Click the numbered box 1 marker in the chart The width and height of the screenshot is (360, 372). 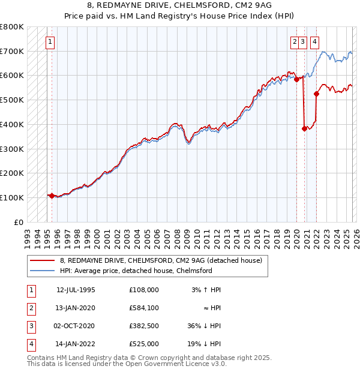click(50, 42)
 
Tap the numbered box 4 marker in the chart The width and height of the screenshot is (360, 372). click(314, 42)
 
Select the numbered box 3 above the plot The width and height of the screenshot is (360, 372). click(303, 42)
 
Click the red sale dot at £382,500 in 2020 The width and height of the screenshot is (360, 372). click(304, 128)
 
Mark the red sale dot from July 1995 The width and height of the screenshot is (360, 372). click(52, 195)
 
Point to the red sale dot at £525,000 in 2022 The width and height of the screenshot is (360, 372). click(317, 93)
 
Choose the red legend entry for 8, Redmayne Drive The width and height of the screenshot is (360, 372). click(161, 261)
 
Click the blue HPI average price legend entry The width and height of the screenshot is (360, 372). click(136, 271)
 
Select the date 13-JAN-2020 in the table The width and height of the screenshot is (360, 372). click(76, 308)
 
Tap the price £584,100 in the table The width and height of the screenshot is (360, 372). click(144, 308)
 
